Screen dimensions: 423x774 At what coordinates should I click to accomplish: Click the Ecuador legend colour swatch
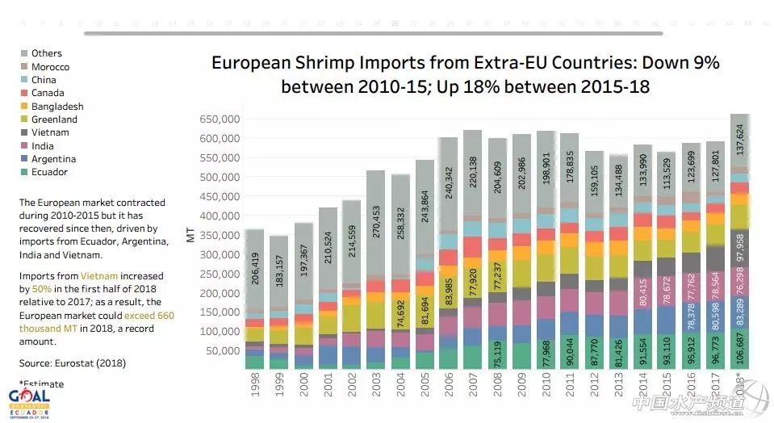[23, 172]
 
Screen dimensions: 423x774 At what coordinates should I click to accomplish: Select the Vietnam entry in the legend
[49, 132]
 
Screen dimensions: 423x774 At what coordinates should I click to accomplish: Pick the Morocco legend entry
[50, 67]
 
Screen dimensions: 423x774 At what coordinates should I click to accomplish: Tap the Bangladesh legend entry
[56, 107]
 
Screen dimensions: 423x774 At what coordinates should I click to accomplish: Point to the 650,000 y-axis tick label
[220, 119]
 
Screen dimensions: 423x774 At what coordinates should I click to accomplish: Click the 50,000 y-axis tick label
[222, 351]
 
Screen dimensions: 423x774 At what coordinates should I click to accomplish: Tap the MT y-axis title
[190, 236]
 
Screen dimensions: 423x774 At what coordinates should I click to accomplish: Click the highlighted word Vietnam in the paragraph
[97, 276]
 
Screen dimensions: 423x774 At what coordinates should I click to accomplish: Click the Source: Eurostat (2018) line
[72, 363]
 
